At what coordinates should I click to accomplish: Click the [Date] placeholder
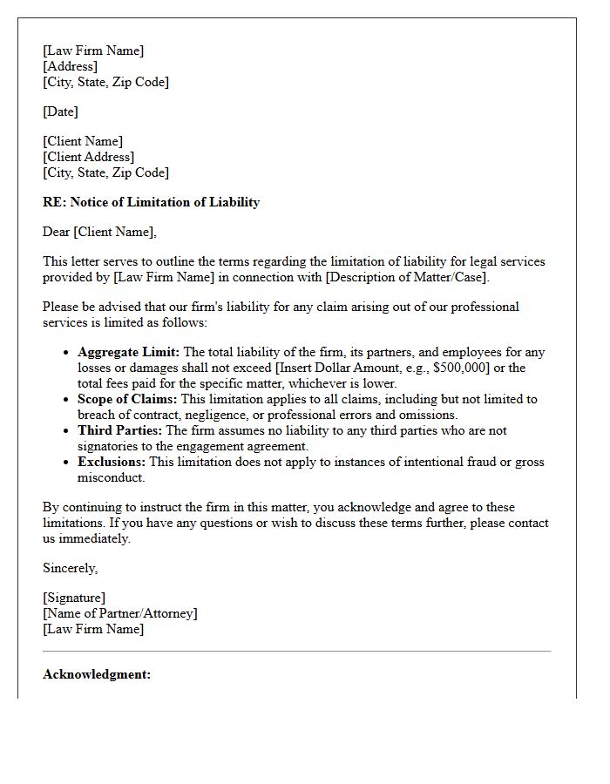tap(60, 112)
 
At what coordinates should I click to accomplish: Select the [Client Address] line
tap(88, 157)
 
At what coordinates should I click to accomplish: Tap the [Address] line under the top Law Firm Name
tap(70, 66)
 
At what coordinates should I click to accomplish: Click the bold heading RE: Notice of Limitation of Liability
tap(151, 202)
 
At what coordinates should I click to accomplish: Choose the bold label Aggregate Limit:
tap(128, 352)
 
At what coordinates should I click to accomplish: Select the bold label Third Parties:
tap(119, 430)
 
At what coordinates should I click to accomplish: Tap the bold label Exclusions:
tap(112, 462)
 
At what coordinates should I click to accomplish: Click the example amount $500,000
tap(440, 368)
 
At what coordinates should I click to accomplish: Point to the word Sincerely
tap(71, 568)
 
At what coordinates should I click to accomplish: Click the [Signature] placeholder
tap(74, 598)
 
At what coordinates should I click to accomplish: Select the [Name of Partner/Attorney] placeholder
tap(120, 613)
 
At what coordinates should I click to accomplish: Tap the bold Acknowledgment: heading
tap(97, 674)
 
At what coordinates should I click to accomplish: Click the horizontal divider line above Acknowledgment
tap(296, 651)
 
